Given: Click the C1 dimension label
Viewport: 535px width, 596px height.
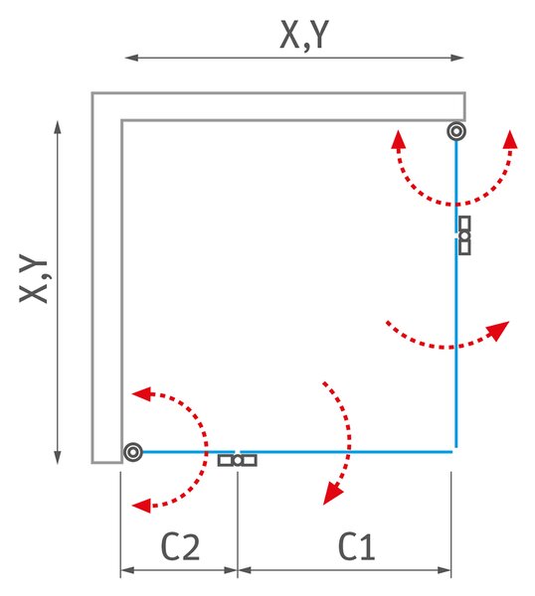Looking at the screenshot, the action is coord(356,546).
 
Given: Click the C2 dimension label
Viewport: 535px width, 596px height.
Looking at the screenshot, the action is coord(180,546).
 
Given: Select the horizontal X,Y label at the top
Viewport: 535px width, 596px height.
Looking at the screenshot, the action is coord(304,35).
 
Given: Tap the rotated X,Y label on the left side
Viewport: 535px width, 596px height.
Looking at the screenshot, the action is coord(34,278).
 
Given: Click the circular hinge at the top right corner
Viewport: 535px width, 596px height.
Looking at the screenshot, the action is coord(456,131).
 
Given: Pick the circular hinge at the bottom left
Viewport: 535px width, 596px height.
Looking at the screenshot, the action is coord(133,452).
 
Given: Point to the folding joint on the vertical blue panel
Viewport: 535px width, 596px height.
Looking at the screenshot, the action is coord(464,235).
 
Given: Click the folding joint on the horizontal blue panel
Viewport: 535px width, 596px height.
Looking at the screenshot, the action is coord(237,460).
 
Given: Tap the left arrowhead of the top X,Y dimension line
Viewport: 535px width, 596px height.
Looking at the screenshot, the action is coord(131,58).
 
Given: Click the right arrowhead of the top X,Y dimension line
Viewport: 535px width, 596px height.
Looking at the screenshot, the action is coord(457,58).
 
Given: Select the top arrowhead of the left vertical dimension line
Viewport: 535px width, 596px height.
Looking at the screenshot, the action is coord(58,127).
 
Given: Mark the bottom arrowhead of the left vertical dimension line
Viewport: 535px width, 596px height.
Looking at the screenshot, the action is coord(58,457).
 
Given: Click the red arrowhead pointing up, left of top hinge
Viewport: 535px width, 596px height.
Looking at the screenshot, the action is coord(398,139).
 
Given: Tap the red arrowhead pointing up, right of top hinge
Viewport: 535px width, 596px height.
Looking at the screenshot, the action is coord(510,139).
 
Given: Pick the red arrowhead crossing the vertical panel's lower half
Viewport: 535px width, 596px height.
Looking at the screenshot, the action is coord(498,331).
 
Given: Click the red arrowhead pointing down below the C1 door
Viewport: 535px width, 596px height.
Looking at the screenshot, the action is coord(332,494).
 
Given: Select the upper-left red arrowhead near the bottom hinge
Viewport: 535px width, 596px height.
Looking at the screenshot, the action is coord(141,393).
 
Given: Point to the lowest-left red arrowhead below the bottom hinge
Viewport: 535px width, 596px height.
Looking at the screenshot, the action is coord(141,506).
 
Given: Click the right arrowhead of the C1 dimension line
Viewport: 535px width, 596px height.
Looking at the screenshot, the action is coord(445,570).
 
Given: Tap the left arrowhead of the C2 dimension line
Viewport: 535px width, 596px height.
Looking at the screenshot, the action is coord(127,570).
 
